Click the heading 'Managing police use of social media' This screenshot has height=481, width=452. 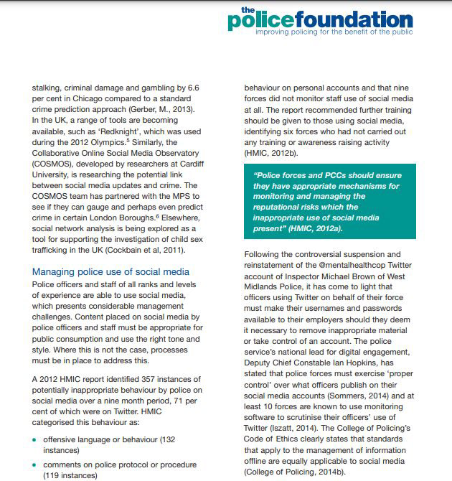pyautogui.click(x=110, y=271)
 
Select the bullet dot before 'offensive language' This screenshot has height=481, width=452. pyautogui.click(x=36, y=438)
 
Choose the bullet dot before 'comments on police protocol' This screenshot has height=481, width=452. pyautogui.click(x=36, y=464)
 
